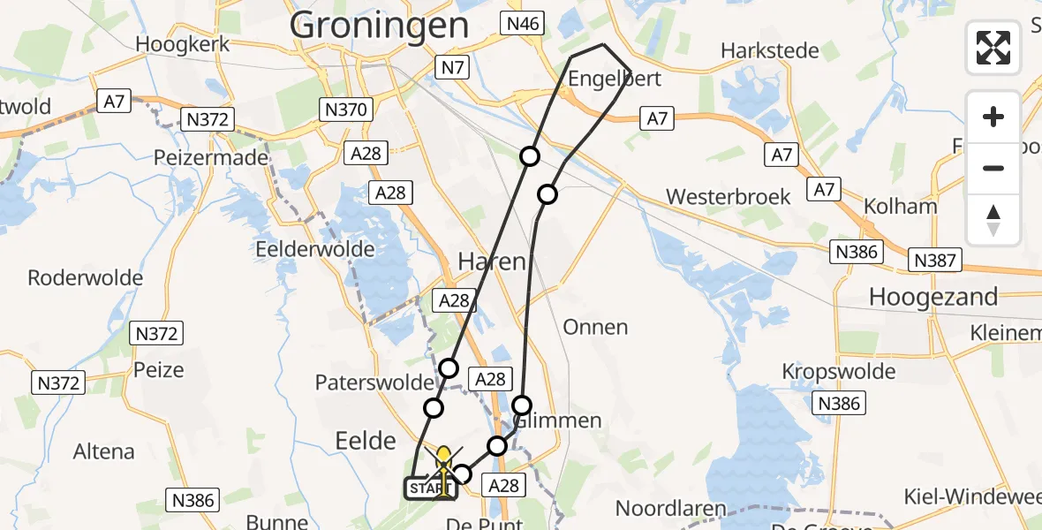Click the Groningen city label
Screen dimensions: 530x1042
click(x=379, y=25)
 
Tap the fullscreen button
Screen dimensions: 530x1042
click(x=993, y=47)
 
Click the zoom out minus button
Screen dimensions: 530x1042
click(x=993, y=168)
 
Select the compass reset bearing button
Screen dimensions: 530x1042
click(x=993, y=220)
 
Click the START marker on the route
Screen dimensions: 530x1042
click(x=430, y=488)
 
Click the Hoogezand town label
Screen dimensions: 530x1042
click(x=933, y=297)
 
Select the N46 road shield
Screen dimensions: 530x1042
click(x=522, y=23)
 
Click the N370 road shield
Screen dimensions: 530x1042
click(x=344, y=110)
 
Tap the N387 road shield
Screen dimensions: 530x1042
click(x=935, y=261)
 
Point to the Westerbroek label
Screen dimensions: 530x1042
click(x=729, y=196)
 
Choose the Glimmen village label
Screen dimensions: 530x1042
click(x=557, y=420)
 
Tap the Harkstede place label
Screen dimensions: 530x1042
click(x=770, y=50)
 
